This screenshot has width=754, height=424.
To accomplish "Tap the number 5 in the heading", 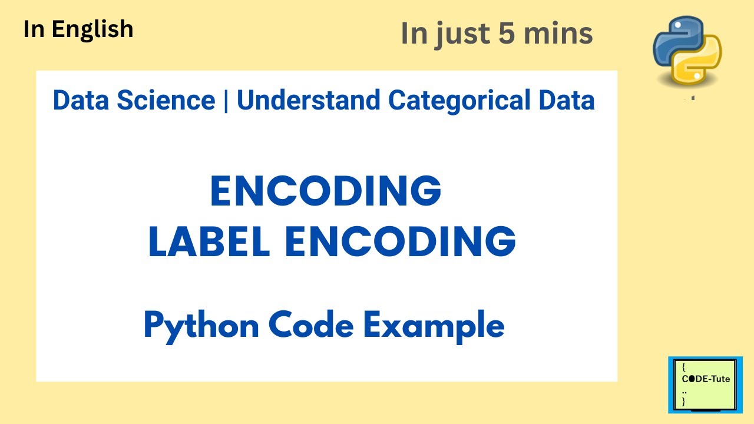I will pos(505,34).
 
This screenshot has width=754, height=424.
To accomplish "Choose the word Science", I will pos(166,101).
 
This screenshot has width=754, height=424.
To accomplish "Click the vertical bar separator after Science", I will pos(226,101).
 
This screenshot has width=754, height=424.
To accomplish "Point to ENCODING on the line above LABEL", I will pos(326,191).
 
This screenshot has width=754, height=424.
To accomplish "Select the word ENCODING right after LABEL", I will pos(401,241).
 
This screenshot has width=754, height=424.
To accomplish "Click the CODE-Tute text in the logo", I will pos(706,379).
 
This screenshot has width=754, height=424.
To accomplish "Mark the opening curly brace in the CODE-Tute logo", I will pos(684,366).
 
